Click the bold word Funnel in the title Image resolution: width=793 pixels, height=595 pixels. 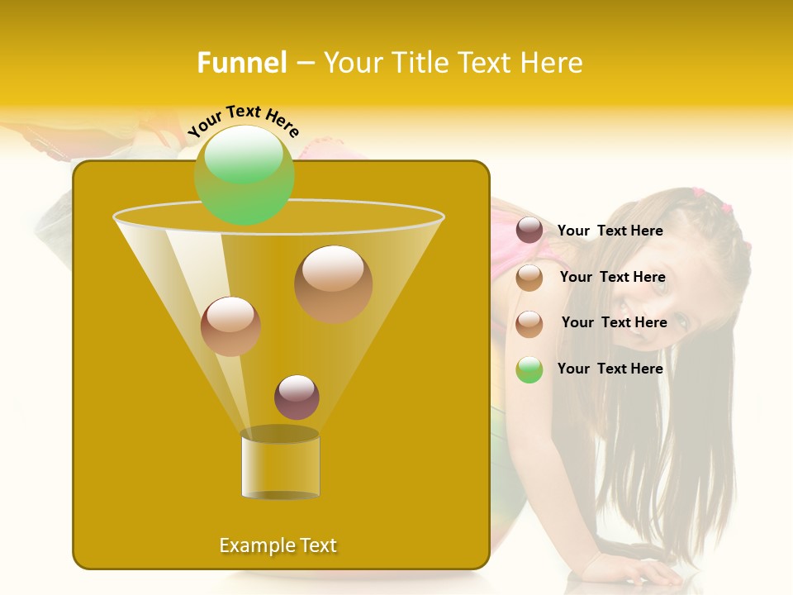click(242, 63)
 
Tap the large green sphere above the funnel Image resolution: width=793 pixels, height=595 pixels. click(244, 174)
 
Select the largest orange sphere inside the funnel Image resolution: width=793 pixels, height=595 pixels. click(333, 283)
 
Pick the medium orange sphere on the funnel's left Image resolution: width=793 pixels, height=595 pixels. click(230, 326)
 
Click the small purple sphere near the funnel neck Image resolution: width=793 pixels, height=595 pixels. click(297, 397)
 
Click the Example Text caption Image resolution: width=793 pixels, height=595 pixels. click(278, 545)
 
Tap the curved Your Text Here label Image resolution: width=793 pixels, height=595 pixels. click(243, 120)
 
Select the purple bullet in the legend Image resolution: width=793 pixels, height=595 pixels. click(529, 231)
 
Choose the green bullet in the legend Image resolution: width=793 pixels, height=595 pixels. click(529, 369)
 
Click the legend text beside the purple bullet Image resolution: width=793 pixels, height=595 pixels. click(610, 231)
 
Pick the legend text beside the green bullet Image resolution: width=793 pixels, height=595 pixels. click(610, 369)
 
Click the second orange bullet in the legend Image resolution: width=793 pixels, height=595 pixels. click(529, 324)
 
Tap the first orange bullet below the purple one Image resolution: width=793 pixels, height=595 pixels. click(529, 278)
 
